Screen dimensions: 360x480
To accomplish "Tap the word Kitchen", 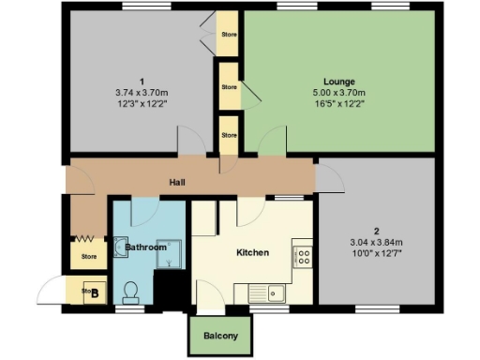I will pyautogui.click(x=252, y=252).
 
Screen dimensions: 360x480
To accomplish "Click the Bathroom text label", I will pyautogui.click(x=145, y=247).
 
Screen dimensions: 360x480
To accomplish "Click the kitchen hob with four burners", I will pyautogui.click(x=303, y=255).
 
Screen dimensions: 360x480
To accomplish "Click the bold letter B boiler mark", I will pyautogui.click(x=95, y=292).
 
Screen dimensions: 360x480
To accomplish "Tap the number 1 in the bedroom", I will pyautogui.click(x=141, y=81).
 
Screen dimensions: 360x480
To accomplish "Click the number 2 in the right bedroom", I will pyautogui.click(x=375, y=231).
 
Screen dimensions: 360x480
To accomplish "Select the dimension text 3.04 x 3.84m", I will pyautogui.click(x=375, y=242).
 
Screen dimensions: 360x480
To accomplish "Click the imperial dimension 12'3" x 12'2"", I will pyautogui.click(x=141, y=103).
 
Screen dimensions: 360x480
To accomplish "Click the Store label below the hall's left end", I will pyautogui.click(x=89, y=256).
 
